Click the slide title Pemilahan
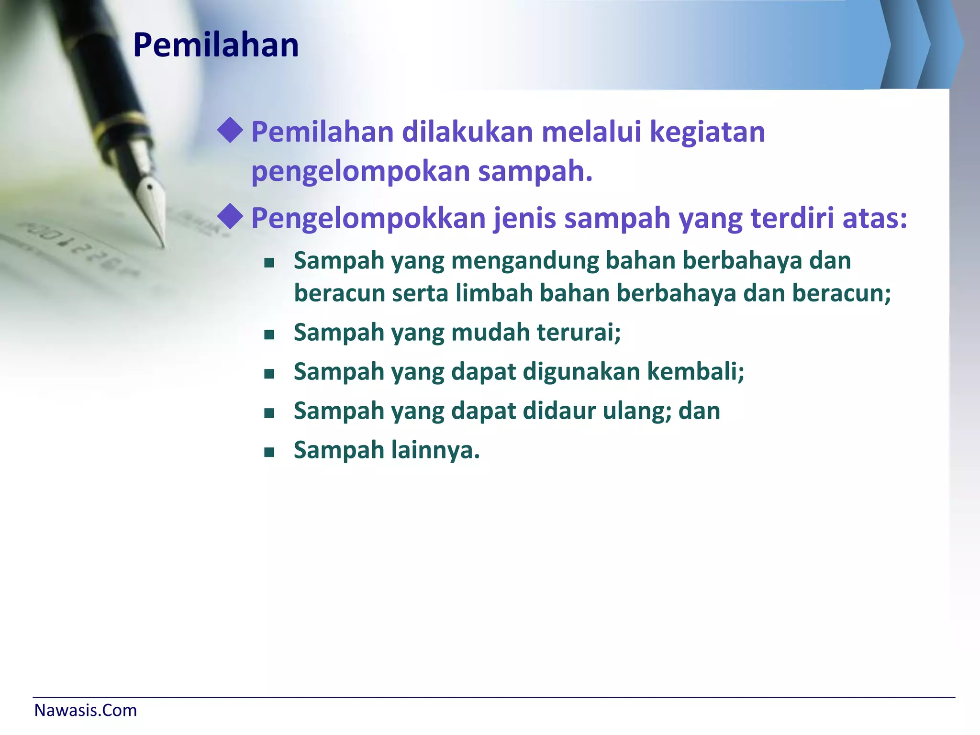(x=216, y=45)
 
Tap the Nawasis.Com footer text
(x=86, y=710)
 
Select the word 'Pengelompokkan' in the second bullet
(x=369, y=219)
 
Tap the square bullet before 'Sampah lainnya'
(x=269, y=452)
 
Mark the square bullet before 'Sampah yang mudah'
(x=269, y=334)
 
